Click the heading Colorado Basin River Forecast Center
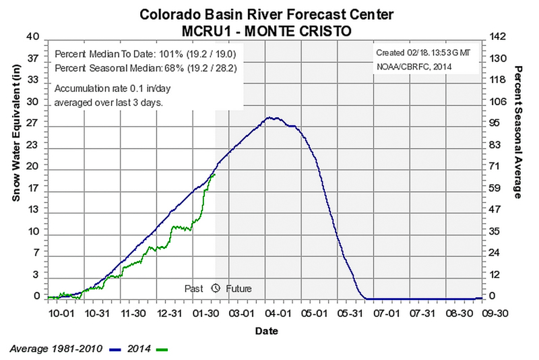coord(267,14)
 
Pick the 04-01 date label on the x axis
coord(278,313)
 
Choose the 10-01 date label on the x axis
coord(61,313)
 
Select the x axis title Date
coord(266,332)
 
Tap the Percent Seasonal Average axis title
coord(519,132)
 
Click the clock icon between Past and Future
coord(216,288)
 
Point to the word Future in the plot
coord(239,289)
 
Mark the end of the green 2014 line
coord(214,174)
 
